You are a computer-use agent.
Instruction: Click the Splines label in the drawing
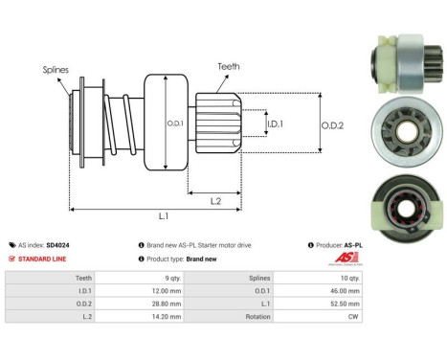pyautogui.click(x=55, y=70)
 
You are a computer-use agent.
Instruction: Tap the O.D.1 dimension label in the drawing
pyautogui.click(x=174, y=124)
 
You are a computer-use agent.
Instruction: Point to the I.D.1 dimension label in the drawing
pyautogui.click(x=274, y=124)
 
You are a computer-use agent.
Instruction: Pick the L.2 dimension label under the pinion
pyautogui.click(x=217, y=199)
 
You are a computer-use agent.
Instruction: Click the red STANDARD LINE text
pyautogui.click(x=41, y=259)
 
